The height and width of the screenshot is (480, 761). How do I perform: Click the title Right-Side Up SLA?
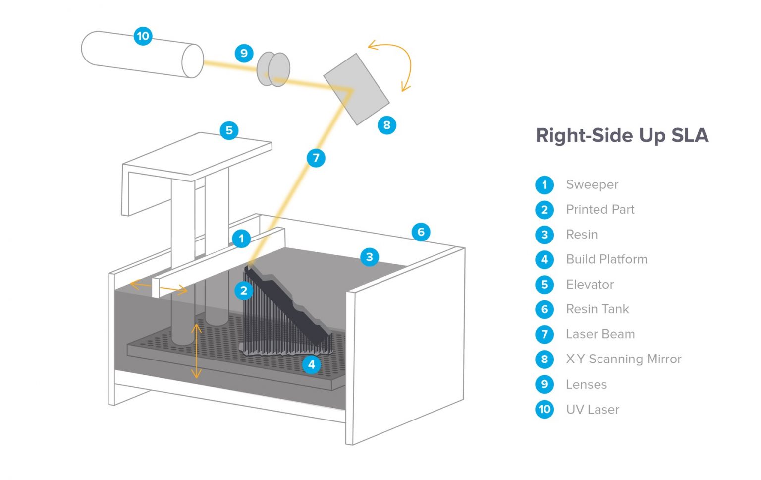point(622,135)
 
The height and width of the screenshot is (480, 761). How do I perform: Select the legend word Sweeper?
point(592,184)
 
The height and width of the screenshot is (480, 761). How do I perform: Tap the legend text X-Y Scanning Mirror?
point(623,359)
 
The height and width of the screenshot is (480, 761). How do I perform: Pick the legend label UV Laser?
point(593,410)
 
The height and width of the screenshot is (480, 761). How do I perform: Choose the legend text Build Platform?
point(606,259)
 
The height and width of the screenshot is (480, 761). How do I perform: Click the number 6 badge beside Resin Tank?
point(544,309)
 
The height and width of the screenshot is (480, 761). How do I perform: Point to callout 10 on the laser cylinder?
point(143,36)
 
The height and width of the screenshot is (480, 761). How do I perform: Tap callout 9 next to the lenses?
point(244,53)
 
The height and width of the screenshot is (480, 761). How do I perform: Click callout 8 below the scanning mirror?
point(387,125)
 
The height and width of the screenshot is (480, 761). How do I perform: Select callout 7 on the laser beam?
point(316,158)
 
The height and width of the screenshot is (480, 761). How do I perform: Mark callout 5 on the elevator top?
point(229,130)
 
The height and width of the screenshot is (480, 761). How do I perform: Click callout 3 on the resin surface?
point(369,257)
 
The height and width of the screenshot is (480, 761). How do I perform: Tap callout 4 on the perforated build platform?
point(311,364)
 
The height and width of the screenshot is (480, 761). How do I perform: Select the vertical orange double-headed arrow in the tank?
point(197,351)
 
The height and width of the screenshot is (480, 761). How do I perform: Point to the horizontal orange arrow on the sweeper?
point(159,287)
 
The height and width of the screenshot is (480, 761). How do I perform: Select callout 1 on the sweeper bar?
point(241,239)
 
